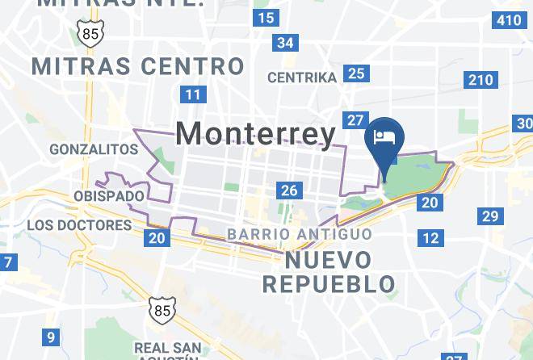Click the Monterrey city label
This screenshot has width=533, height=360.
255,133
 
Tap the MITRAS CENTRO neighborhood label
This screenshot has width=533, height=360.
137,65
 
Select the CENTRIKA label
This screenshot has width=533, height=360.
301,78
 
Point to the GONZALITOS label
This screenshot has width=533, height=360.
94,149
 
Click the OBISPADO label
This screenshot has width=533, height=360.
109,196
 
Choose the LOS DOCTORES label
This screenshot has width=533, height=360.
79,225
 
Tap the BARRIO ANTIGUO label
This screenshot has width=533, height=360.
300,234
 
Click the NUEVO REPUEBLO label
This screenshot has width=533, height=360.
329,272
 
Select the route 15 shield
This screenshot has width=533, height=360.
265,18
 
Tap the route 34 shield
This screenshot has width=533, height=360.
284,42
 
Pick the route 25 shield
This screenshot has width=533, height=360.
355,74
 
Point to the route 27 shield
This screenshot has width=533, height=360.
355,120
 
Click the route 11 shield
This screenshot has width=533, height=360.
192,94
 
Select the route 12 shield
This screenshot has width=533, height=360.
431,237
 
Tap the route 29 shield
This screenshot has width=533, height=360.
489,216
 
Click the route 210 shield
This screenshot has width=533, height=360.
480,79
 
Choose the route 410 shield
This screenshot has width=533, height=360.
509,19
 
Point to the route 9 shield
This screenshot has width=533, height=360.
51,338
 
